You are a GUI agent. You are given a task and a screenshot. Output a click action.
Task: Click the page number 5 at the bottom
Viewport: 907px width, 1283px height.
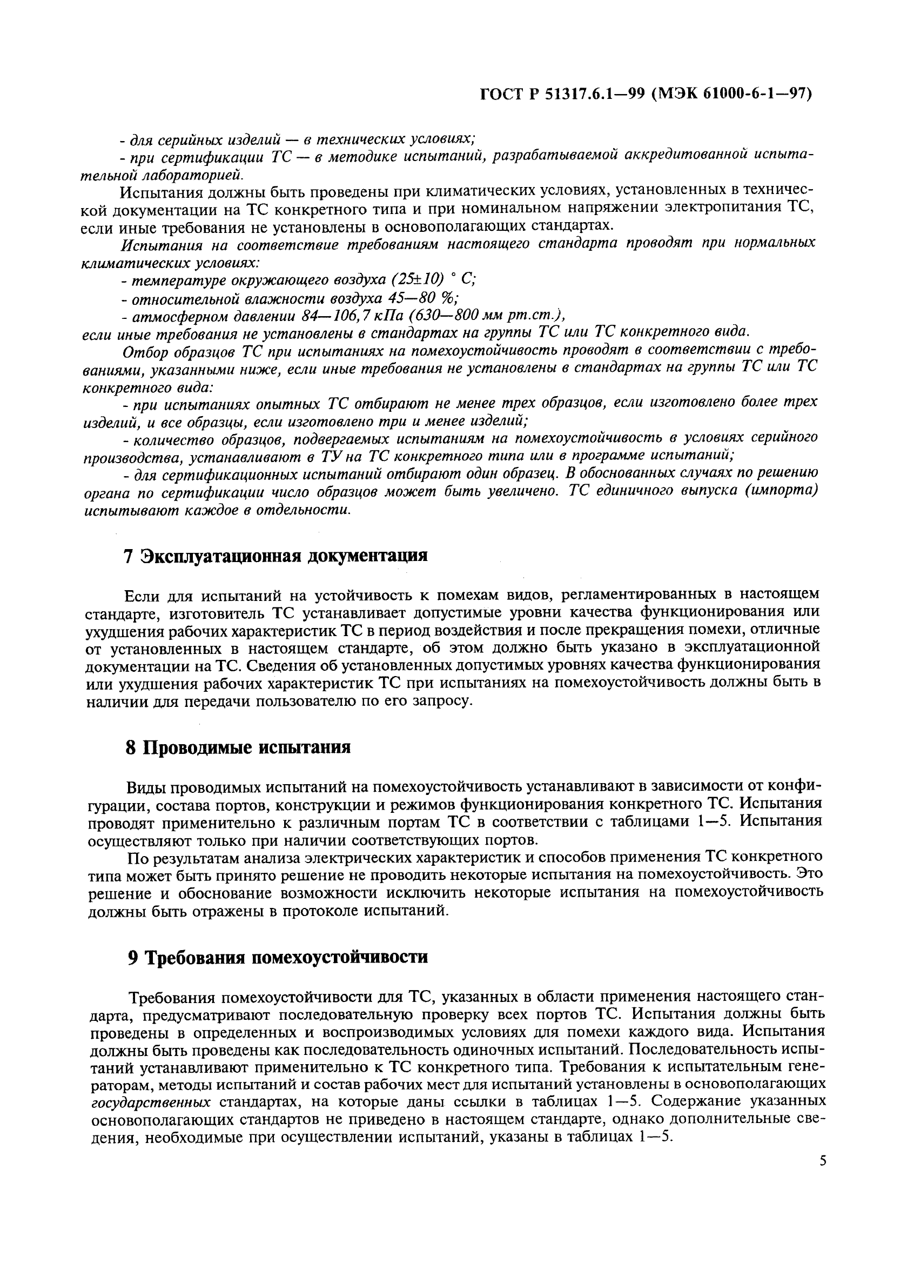point(823,1161)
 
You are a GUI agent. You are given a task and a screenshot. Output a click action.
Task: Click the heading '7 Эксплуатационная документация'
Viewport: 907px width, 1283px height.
point(276,556)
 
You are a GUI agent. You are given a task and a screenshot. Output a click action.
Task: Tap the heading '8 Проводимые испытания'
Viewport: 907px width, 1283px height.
point(238,747)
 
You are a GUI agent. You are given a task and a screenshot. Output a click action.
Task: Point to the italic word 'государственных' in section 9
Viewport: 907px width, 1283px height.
point(151,1103)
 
